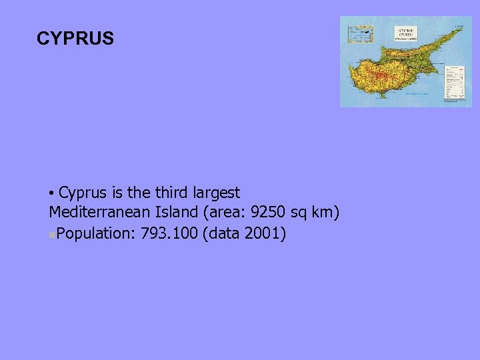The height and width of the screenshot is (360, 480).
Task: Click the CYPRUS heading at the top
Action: tap(75, 39)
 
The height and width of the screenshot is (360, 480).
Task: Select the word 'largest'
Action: tap(217, 193)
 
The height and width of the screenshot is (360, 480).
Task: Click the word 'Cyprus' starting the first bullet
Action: tap(83, 193)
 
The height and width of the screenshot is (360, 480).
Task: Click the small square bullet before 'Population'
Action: tap(52, 235)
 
